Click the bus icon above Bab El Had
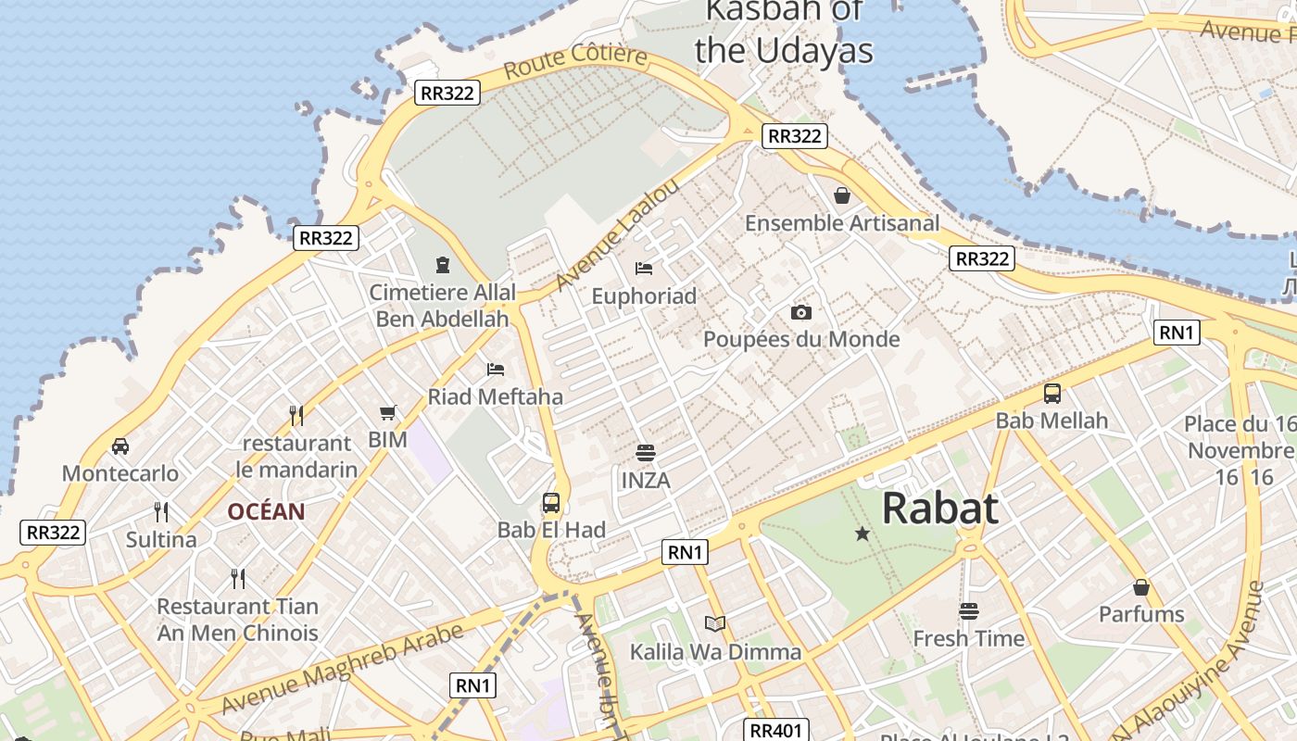551,503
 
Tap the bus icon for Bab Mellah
1051,393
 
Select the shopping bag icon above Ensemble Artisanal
842,195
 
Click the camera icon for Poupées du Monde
801,312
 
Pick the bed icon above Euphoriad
644,269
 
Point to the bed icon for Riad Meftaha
496,370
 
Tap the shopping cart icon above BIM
387,412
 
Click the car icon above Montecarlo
120,446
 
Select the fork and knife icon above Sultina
161,511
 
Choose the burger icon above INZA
646,453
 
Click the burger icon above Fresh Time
969,610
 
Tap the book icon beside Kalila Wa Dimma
714,623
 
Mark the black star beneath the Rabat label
863,534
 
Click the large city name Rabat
939,509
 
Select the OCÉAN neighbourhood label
266,511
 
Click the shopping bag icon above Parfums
1141,587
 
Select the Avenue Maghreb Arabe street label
342,669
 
